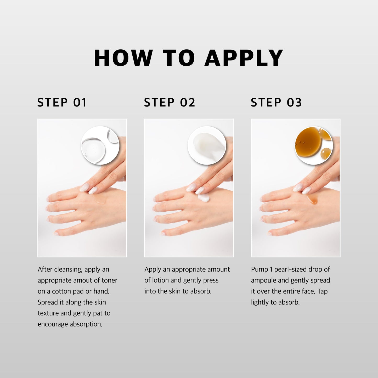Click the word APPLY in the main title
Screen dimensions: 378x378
click(244, 58)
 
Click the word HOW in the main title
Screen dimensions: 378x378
click(123, 58)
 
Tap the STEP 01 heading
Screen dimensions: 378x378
click(62, 102)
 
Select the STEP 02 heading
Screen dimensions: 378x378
click(170, 102)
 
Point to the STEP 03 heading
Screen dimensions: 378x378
click(276, 102)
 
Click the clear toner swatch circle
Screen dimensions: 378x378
click(100, 145)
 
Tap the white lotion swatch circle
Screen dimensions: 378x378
click(207, 145)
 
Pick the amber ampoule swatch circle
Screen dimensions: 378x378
click(314, 145)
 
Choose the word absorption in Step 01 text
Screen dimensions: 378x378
click(86, 324)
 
